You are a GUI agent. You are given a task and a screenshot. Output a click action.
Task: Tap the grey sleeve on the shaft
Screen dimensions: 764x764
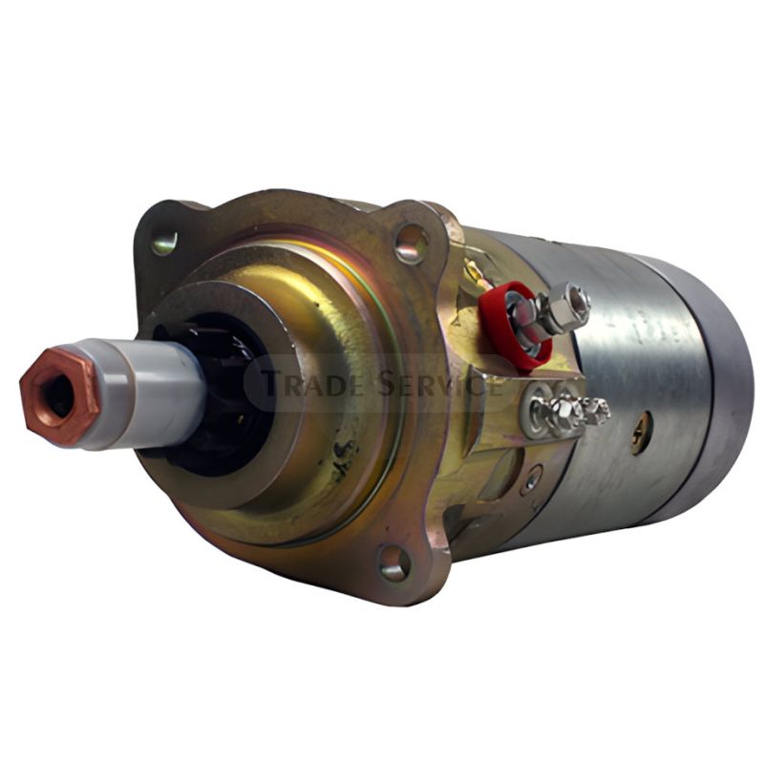[x=146, y=393]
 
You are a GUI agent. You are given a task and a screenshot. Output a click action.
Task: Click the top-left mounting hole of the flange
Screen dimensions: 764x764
[x=163, y=244]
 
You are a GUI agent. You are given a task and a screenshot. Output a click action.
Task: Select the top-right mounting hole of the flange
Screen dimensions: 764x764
[x=412, y=244]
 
